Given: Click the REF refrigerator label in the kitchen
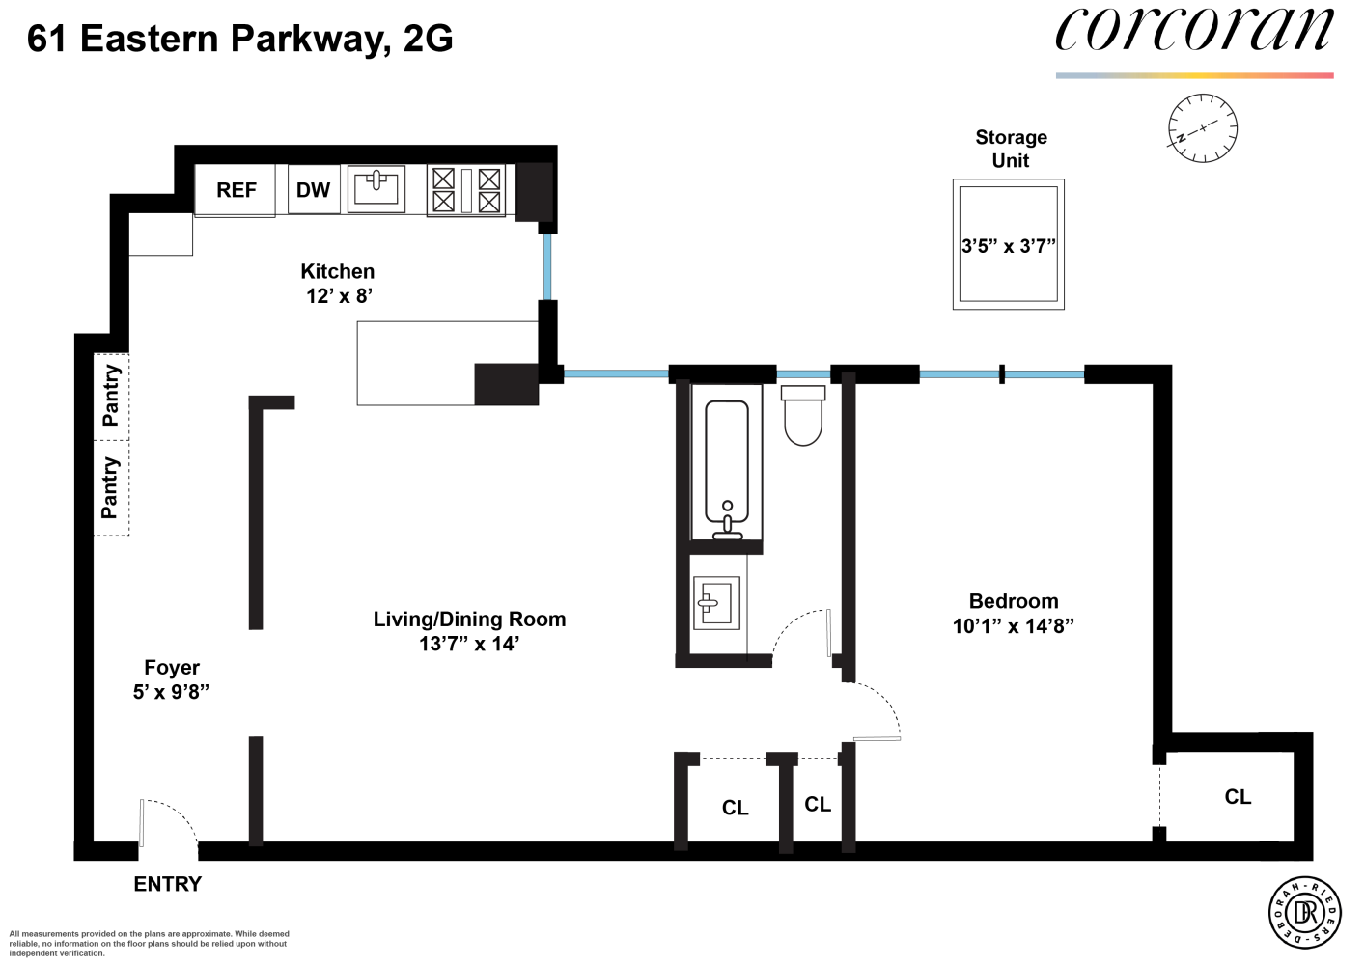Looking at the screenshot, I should click(236, 190).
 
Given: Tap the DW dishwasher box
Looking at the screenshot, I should click(313, 190).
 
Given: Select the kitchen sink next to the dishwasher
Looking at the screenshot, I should click(376, 188).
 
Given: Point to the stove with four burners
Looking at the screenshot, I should click(466, 190).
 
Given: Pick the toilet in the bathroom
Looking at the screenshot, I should click(802, 417).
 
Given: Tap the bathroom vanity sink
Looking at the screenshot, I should click(716, 603).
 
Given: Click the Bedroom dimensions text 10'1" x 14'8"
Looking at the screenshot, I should click(1013, 626).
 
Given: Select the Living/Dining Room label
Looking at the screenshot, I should click(469, 620).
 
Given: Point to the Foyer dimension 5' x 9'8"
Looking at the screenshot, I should click(171, 692).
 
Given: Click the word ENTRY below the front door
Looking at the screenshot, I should click(167, 884).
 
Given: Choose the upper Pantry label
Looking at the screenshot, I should click(111, 396).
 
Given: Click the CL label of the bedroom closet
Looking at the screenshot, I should click(1238, 797).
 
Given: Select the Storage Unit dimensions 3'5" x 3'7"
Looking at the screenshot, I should click(1008, 246).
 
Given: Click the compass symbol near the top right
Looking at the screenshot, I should click(1202, 128).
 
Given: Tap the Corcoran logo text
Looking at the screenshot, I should click(1194, 31).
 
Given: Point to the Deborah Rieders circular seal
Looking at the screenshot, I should click(1304, 913).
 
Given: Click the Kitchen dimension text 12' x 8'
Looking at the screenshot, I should click(339, 296).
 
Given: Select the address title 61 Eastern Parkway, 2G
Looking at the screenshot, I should click(240, 39).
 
